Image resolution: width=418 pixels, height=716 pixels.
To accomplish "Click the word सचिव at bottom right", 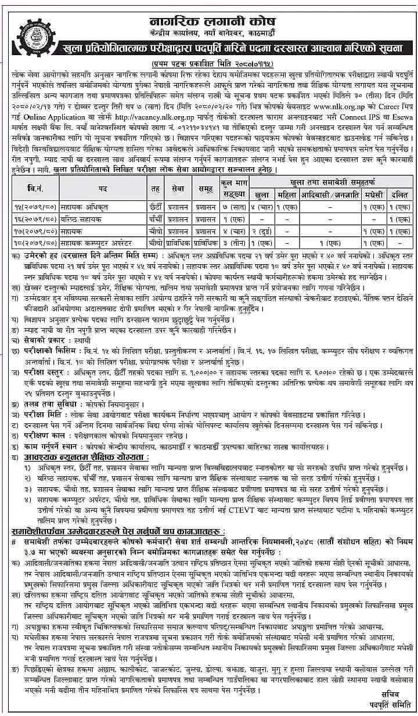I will tap(387, 693).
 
